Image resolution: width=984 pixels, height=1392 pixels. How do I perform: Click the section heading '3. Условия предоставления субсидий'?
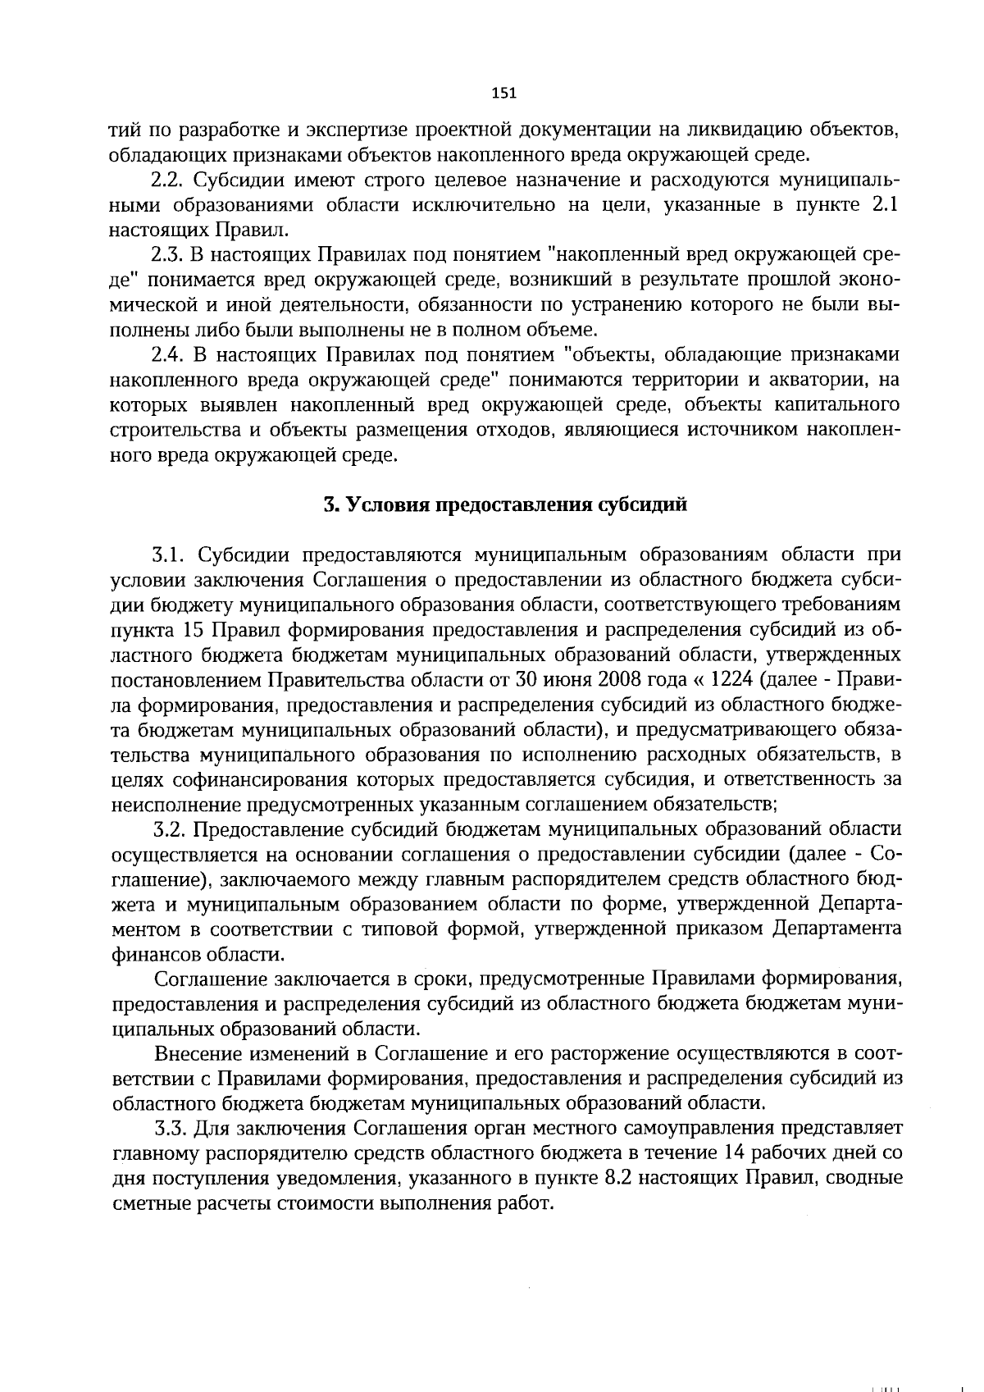(504, 504)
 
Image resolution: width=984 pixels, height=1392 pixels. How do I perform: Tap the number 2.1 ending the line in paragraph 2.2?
(885, 205)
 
